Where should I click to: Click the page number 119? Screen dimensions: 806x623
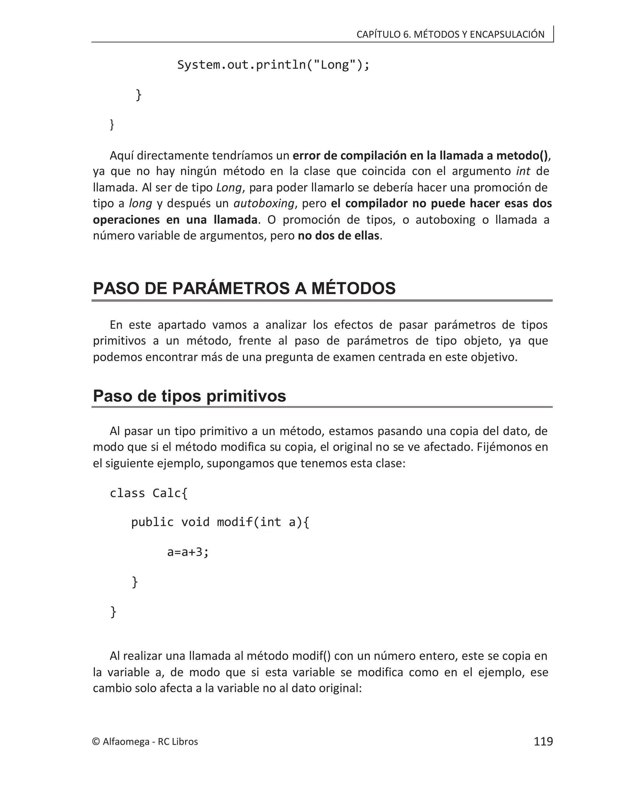tap(543, 742)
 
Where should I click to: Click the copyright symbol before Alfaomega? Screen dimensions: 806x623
tap(96, 742)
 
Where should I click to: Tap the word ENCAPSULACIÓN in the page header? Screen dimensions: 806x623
tap(507, 34)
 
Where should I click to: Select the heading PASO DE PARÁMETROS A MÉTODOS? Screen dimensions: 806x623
tap(244, 288)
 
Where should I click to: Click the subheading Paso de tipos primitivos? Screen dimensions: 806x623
tap(189, 396)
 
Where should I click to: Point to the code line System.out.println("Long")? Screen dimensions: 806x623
tap(273, 65)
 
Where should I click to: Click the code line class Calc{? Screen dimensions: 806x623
tap(149, 493)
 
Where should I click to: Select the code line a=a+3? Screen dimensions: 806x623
tap(188, 552)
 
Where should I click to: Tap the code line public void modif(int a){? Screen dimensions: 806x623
tap(220, 522)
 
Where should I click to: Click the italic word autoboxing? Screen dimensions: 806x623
tap(264, 203)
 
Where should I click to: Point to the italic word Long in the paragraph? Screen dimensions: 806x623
tap(229, 187)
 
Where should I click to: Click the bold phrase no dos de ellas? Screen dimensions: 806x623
tap(339, 235)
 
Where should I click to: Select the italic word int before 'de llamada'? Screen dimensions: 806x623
tap(523, 171)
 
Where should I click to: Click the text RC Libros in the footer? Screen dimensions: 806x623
tap(178, 742)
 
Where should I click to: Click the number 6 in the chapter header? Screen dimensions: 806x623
tap(406, 34)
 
